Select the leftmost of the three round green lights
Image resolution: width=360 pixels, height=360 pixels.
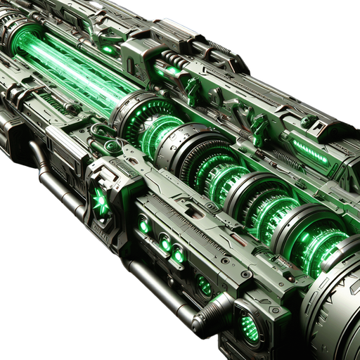point(144,226)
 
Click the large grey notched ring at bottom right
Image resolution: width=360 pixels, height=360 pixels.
point(330,309)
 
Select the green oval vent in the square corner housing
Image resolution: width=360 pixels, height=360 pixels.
point(247,325)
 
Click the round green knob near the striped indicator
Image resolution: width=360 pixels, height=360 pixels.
point(307,121)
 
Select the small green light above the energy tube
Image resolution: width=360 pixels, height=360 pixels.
point(107,50)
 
